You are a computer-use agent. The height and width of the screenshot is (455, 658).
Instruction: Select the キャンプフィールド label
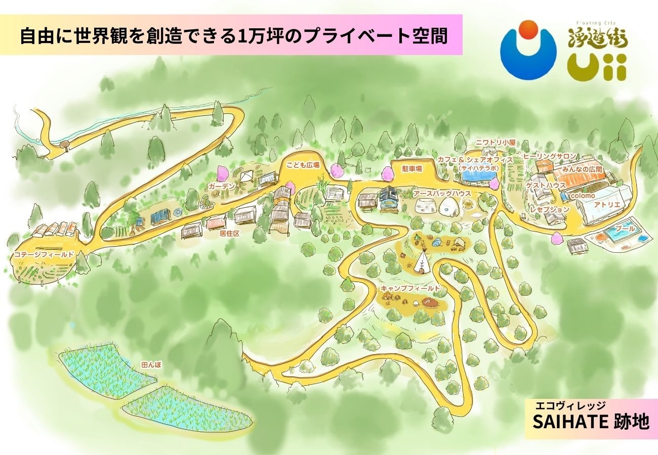tap(410, 288)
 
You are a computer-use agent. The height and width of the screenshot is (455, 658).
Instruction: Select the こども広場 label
tap(303, 165)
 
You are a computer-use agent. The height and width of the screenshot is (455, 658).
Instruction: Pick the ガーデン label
tap(221, 187)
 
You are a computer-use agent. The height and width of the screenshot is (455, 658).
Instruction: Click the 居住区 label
tap(229, 234)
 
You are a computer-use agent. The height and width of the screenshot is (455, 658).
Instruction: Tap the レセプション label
tap(550, 209)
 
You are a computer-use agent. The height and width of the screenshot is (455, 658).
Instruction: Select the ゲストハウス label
tap(546, 186)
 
